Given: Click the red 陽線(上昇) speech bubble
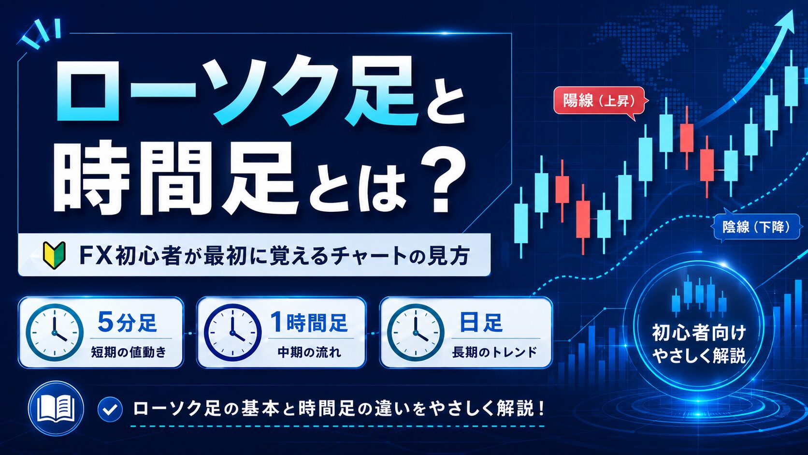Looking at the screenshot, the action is [x=600, y=102].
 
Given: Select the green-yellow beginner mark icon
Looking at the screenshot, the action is [x=54, y=255].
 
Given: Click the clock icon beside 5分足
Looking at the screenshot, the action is [x=55, y=332].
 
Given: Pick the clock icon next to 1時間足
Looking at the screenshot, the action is [x=232, y=332].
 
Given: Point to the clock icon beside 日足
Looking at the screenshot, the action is [x=416, y=332].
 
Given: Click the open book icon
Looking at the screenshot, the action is [x=56, y=409].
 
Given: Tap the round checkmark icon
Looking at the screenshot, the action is [x=110, y=409].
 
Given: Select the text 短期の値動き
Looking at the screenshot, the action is [x=129, y=352].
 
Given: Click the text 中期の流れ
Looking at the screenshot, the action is [x=309, y=352].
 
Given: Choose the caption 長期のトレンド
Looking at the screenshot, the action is [x=494, y=352].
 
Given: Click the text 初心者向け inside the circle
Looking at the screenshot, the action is [x=699, y=333].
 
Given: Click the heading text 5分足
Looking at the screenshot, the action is [x=127, y=322].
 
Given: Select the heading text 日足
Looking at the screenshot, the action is [x=481, y=322].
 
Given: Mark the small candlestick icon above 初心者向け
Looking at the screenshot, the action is [x=698, y=294].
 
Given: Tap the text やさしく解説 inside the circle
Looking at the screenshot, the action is [x=699, y=356].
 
